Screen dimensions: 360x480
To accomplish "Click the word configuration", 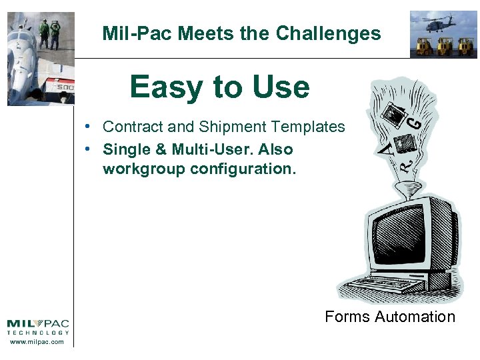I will tap(241, 169).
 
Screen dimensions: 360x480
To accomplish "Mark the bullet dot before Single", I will tap(87, 149).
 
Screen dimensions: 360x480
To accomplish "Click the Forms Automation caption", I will tap(390, 317).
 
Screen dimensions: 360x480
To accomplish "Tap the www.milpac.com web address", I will tap(37, 341).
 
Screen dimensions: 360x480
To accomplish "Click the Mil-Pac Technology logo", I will tap(37, 326).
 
